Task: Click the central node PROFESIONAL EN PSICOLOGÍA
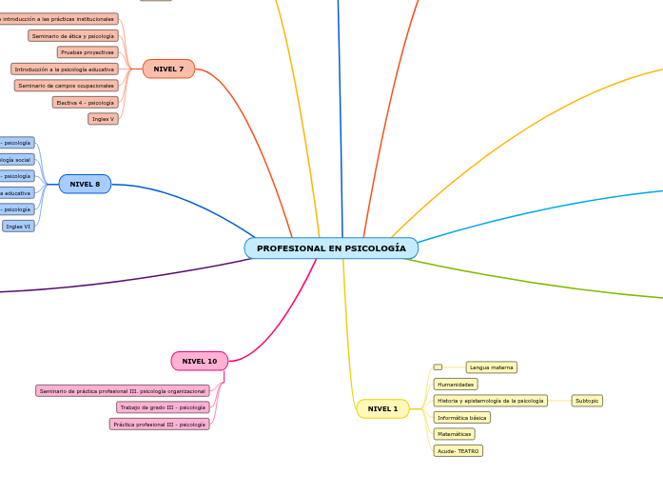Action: click(x=331, y=248)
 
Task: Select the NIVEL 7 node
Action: click(x=168, y=69)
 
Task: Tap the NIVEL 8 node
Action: click(x=85, y=184)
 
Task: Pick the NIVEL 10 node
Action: click(x=200, y=361)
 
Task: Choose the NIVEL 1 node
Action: click(x=382, y=408)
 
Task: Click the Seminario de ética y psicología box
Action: click(x=73, y=36)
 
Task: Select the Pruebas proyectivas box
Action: click(x=88, y=52)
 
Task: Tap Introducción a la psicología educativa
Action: click(x=65, y=69)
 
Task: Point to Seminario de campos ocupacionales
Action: click(x=67, y=86)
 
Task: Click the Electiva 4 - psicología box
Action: click(x=86, y=102)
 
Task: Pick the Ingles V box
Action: click(x=103, y=119)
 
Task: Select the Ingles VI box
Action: click(x=18, y=227)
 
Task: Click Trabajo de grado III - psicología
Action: click(x=163, y=407)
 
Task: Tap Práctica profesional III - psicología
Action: click(x=159, y=425)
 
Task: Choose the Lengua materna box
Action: click(x=491, y=367)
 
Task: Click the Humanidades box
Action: click(x=456, y=385)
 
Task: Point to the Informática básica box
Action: click(x=462, y=418)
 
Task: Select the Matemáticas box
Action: click(x=455, y=434)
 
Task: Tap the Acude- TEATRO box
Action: click(x=458, y=451)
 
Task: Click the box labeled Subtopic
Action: click(x=587, y=401)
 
